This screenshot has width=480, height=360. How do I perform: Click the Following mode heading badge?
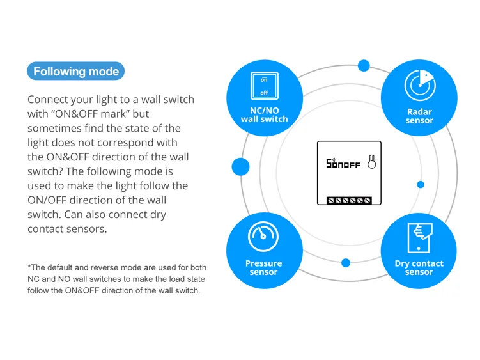click(75, 71)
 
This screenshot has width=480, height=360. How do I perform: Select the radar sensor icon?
click(419, 86)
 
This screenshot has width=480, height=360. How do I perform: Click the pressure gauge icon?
click(263, 237)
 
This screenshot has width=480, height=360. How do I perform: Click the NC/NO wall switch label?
click(264, 114)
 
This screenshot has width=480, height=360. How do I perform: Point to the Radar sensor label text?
click(419, 116)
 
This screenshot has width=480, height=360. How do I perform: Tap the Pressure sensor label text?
click(263, 267)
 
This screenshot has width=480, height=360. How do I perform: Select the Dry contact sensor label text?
click(419, 267)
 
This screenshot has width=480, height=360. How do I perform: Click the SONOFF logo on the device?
click(343, 164)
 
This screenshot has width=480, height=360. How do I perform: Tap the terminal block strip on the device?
click(349, 200)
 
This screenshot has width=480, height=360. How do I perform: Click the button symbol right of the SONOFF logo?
click(371, 162)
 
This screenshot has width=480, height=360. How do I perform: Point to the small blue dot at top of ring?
click(364, 65)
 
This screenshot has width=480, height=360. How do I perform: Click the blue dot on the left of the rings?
click(240, 167)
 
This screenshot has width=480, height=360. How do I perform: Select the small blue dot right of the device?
click(421, 185)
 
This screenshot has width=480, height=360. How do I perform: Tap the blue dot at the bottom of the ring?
click(346, 263)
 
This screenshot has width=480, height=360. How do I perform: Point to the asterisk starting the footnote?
click(29, 267)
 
